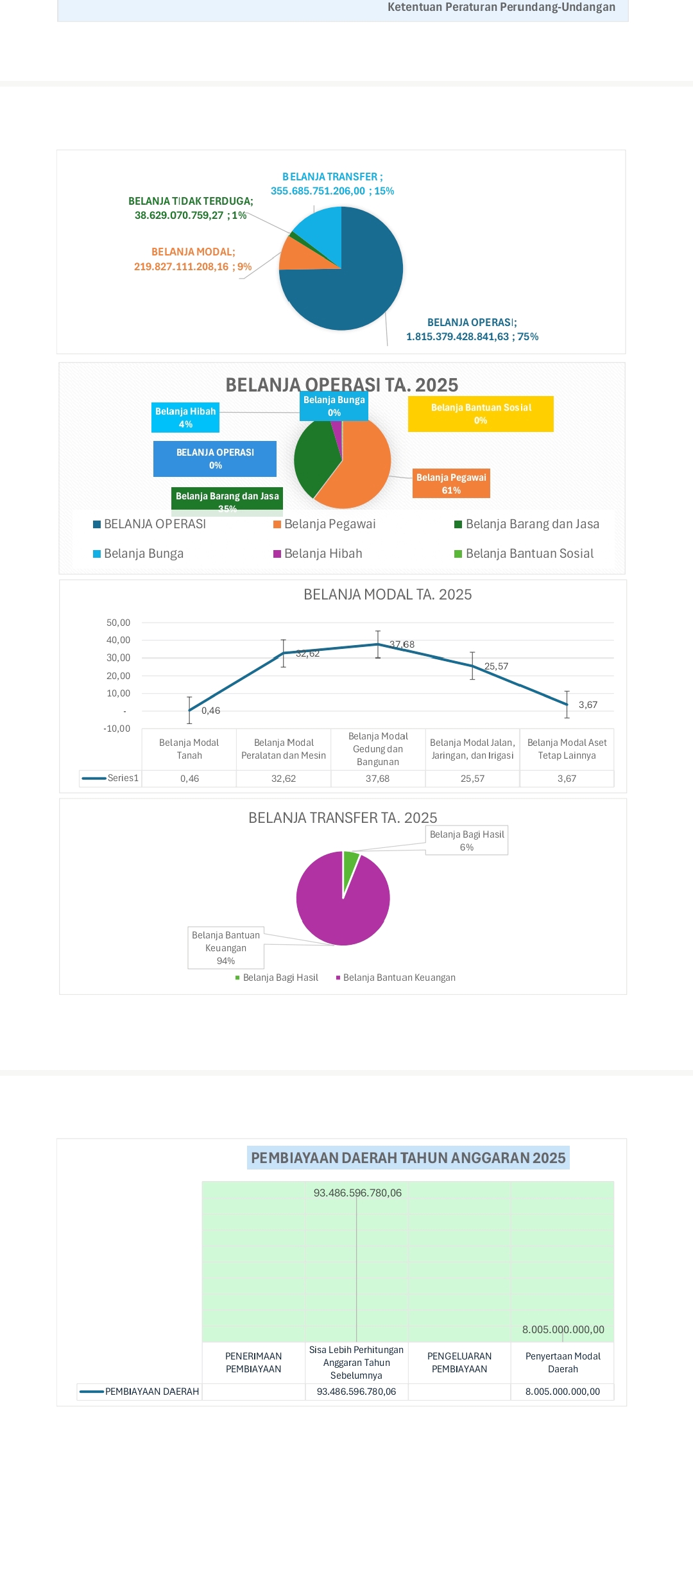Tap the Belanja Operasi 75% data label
472,330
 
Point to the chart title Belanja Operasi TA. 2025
341,384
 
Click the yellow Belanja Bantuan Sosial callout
481,414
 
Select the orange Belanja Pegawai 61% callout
451,483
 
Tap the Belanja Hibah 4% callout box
185,418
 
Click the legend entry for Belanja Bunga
139,554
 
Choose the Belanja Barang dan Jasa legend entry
527,524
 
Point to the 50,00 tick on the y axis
118,623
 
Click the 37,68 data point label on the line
402,644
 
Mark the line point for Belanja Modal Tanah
189,711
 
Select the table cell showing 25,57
472,779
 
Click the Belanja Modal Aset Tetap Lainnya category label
567,749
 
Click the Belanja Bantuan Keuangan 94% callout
226,948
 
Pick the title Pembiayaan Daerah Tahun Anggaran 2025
408,1158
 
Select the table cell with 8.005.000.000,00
563,1392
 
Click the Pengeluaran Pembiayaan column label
459,1363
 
